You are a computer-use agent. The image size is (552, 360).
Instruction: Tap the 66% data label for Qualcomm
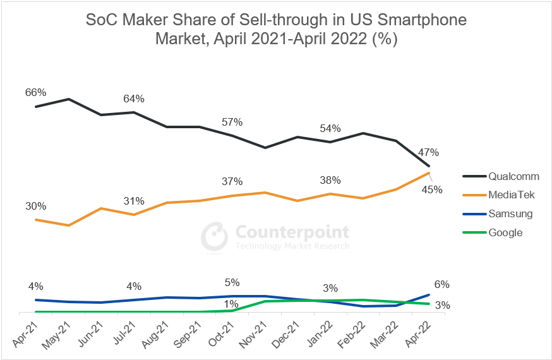tap(35, 92)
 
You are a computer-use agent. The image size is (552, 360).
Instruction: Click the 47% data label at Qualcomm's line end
tap(428, 152)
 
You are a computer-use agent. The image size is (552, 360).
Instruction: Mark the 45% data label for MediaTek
tap(432, 189)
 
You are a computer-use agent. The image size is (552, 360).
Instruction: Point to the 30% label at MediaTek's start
tap(35, 206)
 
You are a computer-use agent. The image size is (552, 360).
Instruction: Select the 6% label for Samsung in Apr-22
tap(442, 285)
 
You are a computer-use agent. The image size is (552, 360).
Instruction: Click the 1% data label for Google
tap(231, 304)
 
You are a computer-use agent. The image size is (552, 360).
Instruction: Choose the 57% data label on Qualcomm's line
tap(232, 122)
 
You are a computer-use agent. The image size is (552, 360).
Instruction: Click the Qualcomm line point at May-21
tap(68, 99)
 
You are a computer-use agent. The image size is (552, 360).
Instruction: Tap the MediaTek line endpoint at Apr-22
tap(429, 172)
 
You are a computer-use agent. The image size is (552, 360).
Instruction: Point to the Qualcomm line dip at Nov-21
tap(265, 148)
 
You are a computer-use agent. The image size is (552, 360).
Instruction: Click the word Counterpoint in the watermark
tap(292, 232)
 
